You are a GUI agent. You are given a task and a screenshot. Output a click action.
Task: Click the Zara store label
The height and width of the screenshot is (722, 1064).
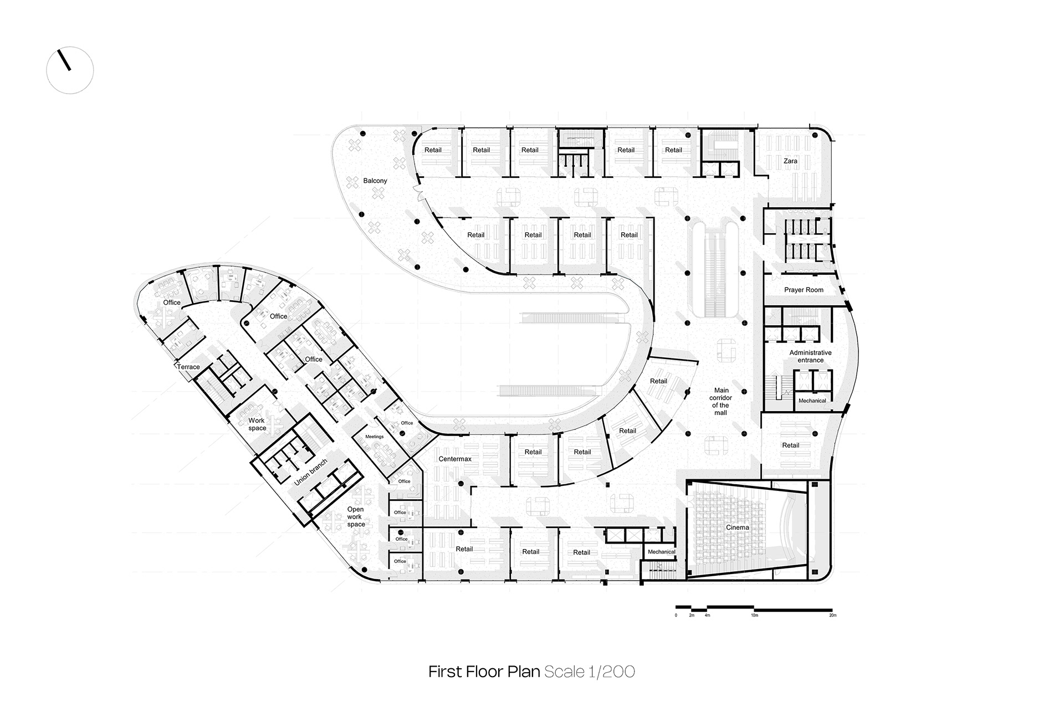790,161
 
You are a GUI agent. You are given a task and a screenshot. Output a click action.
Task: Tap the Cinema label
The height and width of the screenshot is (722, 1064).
738,528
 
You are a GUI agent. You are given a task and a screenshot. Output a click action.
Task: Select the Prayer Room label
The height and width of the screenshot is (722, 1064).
804,290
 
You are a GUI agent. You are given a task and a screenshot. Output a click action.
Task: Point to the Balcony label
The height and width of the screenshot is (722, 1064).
375,181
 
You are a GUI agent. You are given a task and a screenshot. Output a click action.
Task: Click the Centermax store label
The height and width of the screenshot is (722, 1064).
455,459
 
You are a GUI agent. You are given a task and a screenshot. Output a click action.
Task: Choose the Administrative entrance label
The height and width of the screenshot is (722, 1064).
810,356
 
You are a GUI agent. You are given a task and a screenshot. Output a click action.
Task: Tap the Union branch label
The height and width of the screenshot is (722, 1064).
310,473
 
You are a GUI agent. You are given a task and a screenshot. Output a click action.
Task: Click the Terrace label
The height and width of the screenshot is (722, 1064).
188,367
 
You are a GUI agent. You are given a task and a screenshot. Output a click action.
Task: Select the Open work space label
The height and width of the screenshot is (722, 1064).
356,516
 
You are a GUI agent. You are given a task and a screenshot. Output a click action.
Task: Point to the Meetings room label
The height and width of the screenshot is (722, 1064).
374,437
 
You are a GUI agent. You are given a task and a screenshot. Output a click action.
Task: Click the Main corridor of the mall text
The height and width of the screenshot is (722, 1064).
720,401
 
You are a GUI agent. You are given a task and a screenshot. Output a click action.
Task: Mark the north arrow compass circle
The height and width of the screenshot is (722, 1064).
70,70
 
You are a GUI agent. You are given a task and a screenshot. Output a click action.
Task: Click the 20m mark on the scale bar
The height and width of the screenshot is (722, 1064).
832,615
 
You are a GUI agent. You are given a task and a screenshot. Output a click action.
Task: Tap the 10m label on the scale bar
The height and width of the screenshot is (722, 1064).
754,615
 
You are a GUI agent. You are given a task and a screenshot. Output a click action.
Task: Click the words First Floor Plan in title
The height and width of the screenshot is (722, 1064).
484,672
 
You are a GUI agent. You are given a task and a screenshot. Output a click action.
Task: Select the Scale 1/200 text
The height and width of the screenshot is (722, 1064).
590,672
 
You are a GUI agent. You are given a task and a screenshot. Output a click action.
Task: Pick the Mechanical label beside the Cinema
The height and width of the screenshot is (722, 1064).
661,552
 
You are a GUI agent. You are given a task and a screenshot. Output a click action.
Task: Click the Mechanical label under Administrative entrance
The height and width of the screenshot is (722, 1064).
812,401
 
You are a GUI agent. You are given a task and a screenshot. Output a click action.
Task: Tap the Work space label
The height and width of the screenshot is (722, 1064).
257,424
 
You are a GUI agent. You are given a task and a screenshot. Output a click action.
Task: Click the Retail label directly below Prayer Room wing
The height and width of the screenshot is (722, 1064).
790,445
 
